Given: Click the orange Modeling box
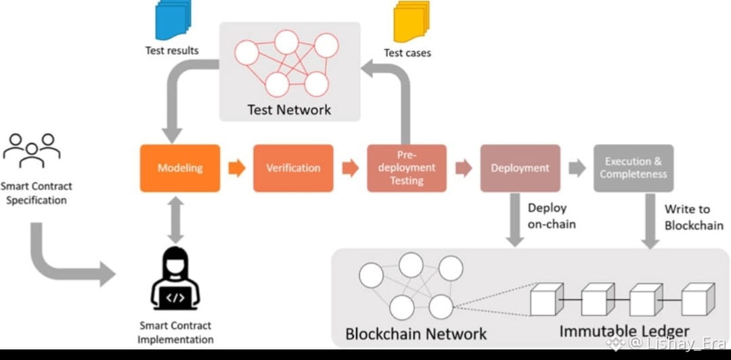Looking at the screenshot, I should pyautogui.click(x=179, y=168).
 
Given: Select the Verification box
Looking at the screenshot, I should pyautogui.click(x=293, y=168).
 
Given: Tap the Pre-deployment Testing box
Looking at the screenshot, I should pyautogui.click(x=406, y=168).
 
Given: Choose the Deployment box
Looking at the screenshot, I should pyautogui.click(x=520, y=168).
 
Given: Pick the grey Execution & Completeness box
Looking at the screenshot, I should pyautogui.click(x=633, y=168).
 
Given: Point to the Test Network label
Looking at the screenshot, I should pyautogui.click(x=289, y=109).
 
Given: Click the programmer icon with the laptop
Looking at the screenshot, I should pyautogui.click(x=175, y=279).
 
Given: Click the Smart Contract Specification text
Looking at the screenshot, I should pyautogui.click(x=36, y=193).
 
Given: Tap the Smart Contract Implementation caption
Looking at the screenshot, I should pyautogui.click(x=175, y=332).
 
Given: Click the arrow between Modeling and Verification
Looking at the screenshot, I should pyautogui.click(x=237, y=168).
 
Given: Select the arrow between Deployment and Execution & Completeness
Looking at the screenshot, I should pyautogui.click(x=577, y=168).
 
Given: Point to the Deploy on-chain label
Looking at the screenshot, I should pyautogui.click(x=547, y=215).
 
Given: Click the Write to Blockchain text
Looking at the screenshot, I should pyautogui.click(x=693, y=217).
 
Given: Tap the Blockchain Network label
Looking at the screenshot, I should pyautogui.click(x=416, y=334).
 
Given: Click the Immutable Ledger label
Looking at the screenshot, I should pyautogui.click(x=624, y=332).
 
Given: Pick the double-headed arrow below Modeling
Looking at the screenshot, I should pyautogui.click(x=176, y=219).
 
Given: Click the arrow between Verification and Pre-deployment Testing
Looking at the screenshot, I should pyautogui.click(x=350, y=168).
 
